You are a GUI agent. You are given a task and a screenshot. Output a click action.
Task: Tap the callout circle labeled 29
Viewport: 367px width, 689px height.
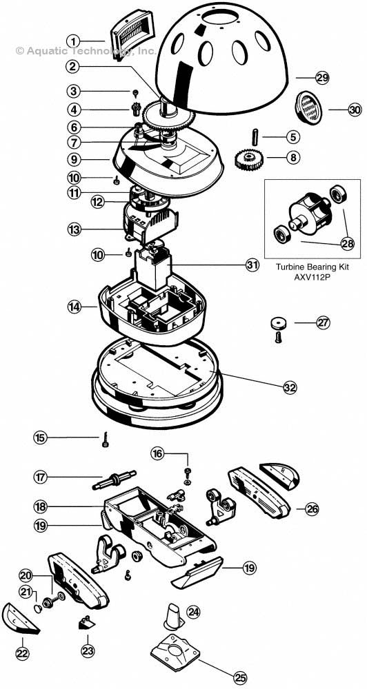click(x=322, y=78)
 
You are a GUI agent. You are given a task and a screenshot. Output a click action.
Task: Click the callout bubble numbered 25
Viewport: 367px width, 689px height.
click(x=239, y=678)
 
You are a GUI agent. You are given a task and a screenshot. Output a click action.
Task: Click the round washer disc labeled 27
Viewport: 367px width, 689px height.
click(x=279, y=322)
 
